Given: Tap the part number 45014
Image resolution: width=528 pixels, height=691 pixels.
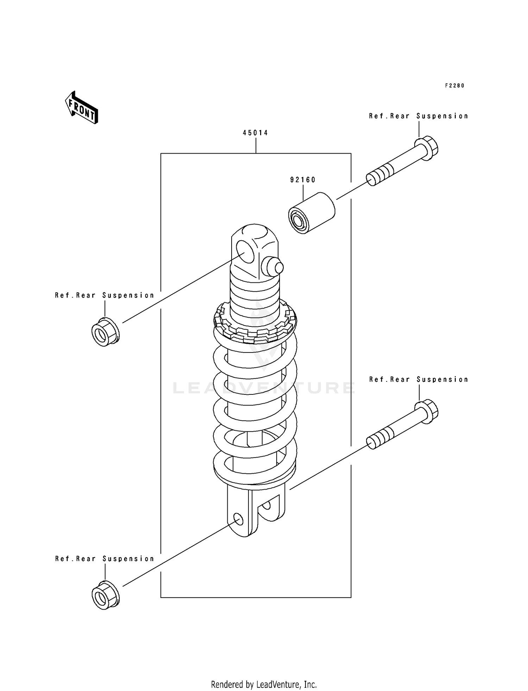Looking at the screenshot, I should [255, 133].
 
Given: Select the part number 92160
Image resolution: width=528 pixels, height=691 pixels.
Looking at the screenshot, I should [303, 180].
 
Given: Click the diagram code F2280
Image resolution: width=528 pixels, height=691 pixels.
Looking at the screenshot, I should [454, 86].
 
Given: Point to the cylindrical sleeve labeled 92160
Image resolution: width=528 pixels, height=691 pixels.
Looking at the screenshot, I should [312, 213].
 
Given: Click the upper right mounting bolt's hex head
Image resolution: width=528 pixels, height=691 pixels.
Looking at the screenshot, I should [427, 148].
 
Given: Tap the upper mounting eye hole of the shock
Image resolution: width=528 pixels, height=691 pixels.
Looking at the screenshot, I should [245, 251].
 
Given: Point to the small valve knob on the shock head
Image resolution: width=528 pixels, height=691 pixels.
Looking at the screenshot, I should [274, 267].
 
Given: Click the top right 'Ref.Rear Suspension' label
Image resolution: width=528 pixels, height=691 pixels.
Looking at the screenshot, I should [419, 116].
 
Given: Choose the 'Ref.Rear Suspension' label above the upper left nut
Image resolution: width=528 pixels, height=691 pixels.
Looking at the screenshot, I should [105, 295].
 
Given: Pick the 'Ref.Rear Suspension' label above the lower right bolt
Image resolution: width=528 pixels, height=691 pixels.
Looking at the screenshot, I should [419, 380].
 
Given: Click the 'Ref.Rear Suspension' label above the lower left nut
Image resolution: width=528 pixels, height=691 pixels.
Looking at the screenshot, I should [105, 559].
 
